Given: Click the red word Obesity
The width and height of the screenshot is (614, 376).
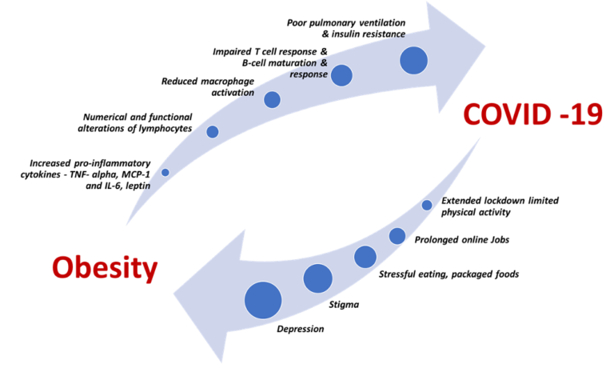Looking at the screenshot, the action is point(105,269).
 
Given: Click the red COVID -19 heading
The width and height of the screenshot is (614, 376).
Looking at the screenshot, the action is point(532,114).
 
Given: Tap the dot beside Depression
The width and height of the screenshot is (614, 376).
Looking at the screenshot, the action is point(263,300).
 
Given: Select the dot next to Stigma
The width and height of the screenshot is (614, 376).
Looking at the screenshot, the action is point(318,278).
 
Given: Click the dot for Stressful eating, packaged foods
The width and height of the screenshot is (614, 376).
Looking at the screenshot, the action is point(365,257).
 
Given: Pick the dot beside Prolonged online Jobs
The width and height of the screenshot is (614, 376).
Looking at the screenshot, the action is point(397,236).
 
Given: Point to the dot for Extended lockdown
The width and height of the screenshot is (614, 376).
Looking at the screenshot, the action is point(427,205).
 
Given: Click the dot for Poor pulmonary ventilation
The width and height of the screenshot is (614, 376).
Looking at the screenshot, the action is point(413,60).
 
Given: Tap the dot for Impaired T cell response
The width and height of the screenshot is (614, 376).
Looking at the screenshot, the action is point(341,75).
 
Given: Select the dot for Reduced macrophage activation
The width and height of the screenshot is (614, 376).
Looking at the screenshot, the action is point(272,99).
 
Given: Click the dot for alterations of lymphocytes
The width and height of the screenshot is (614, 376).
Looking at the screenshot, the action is point(213,132).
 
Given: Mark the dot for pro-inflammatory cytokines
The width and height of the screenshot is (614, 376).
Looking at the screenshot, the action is point(165,172).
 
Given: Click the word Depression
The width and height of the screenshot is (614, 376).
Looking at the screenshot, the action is point(301,329).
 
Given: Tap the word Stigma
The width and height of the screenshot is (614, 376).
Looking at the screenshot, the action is point(344,305).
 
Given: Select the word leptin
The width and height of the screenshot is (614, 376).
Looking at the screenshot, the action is point(138,186).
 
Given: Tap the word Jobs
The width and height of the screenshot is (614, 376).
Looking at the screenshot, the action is point(500,240).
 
